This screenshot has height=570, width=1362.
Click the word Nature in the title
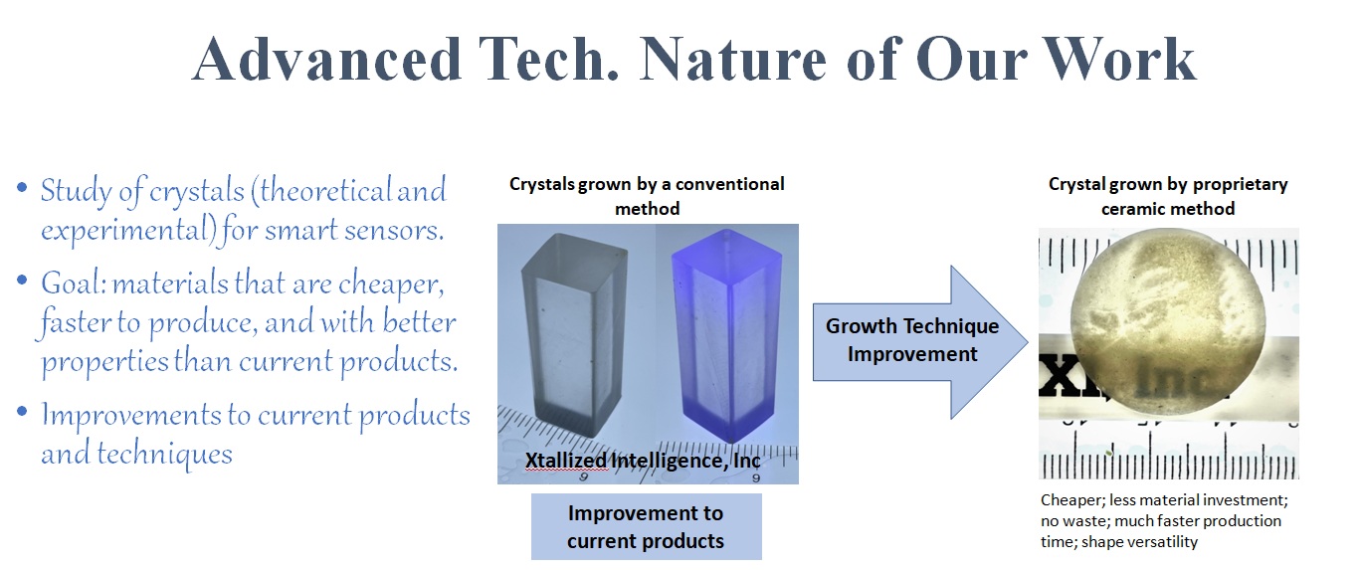coord(733,60)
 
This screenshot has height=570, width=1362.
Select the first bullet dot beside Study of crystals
coord(23,187)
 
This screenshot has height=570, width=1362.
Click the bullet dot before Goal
coord(23,281)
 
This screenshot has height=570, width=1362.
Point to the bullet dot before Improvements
coord(23,412)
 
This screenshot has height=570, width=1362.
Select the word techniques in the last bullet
coord(165,455)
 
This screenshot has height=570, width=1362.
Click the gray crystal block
coord(574,335)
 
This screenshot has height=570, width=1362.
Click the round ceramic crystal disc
coord(1167,322)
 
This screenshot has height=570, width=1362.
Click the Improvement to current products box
coord(647,527)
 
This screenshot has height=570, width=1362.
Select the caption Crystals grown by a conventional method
coord(647,196)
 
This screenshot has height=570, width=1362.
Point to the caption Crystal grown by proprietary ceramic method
coord(1168,196)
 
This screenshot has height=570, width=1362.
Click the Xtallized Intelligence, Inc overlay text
coord(643,461)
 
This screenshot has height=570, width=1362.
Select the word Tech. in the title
coord(548,60)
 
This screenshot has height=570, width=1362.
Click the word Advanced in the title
coord(326,60)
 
